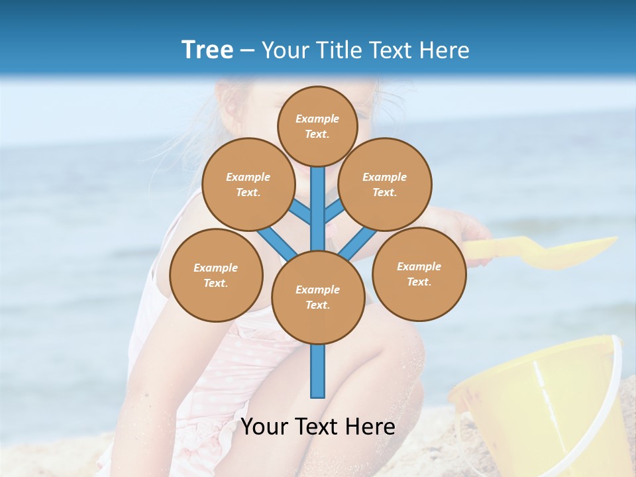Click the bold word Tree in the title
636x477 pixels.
pyautogui.click(x=207, y=50)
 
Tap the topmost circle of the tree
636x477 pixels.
pyautogui.click(x=317, y=126)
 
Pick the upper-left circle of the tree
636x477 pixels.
pyautogui.click(x=248, y=184)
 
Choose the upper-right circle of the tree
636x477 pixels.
pyautogui.click(x=384, y=184)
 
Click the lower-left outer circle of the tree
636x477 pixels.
pyautogui.click(x=216, y=275)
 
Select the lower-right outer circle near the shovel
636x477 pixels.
pyautogui.click(x=419, y=274)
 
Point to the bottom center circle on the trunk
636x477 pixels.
pyautogui.click(x=317, y=297)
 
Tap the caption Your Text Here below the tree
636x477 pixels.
pyautogui.click(x=317, y=427)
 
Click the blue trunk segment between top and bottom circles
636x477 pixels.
pyautogui.click(x=318, y=212)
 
